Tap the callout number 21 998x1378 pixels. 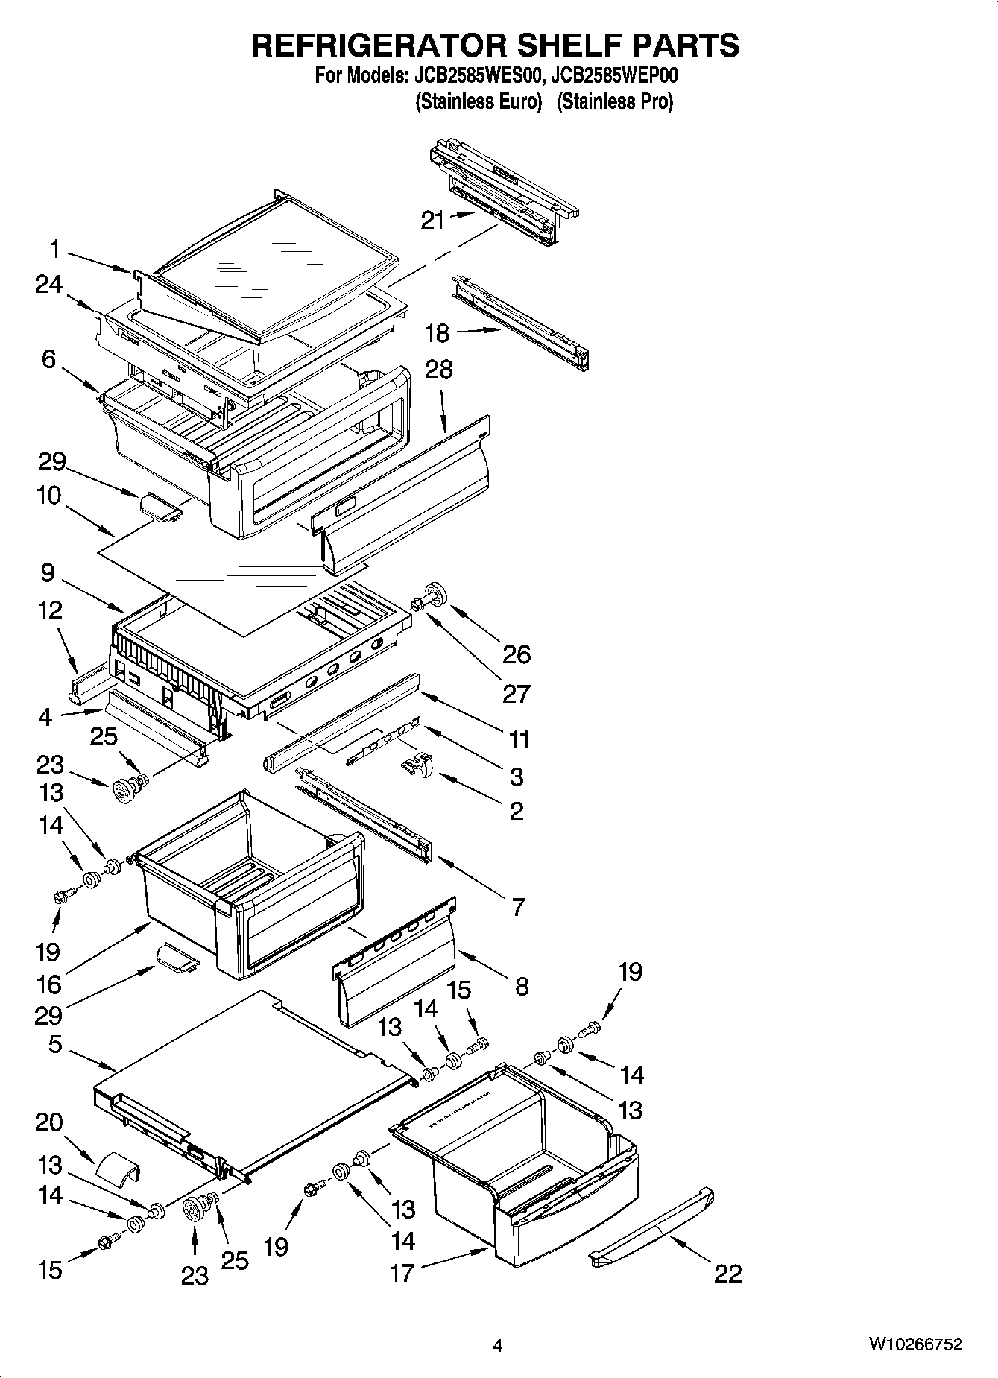(x=433, y=220)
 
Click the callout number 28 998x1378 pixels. (x=439, y=370)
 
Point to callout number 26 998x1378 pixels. (x=516, y=654)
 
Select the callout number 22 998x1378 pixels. (x=727, y=1274)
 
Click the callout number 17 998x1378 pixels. (x=402, y=1273)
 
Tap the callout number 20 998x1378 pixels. (x=48, y=1122)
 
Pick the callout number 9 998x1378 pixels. (x=48, y=572)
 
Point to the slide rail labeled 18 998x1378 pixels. (x=522, y=322)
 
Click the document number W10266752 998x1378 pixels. (x=915, y=1344)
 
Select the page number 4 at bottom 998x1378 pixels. (x=498, y=1345)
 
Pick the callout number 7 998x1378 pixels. (x=517, y=907)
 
